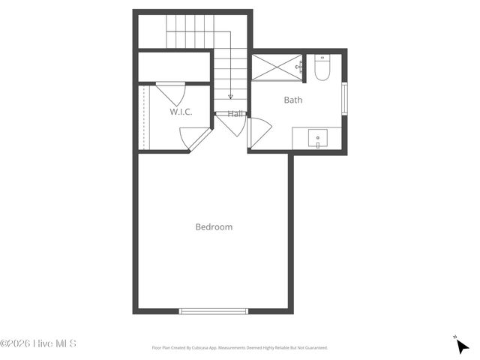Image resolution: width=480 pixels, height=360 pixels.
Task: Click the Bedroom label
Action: pyautogui.click(x=214, y=226)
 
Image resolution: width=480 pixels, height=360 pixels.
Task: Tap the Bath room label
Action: pyautogui.click(x=292, y=99)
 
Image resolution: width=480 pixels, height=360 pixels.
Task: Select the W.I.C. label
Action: pyautogui.click(x=181, y=112)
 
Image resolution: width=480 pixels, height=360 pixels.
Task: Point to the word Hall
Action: pyautogui.click(x=236, y=114)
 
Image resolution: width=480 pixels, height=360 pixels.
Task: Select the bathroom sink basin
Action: pyautogui.click(x=318, y=138)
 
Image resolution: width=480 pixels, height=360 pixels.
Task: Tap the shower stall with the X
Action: pyautogui.click(x=276, y=67)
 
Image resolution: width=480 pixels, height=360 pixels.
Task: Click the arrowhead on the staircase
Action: pyautogui.click(x=230, y=97)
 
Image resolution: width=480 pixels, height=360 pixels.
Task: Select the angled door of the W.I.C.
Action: pyautogui.click(x=193, y=137)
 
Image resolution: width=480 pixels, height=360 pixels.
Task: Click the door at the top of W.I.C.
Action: pyautogui.click(x=170, y=93)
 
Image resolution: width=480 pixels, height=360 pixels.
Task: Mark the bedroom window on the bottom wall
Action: pyautogui.click(x=214, y=310)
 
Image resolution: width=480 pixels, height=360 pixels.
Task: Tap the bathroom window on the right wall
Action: pyautogui.click(x=344, y=99)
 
